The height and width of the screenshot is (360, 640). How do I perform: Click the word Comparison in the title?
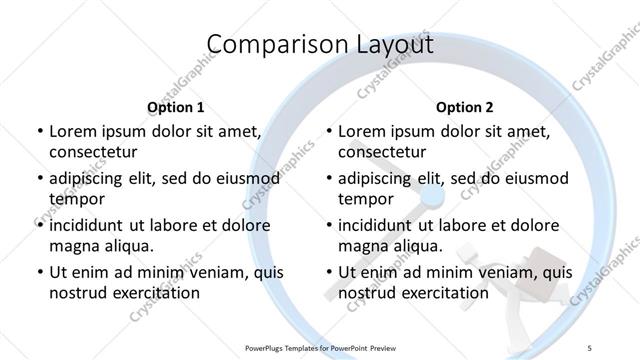pyautogui.click(x=266, y=46)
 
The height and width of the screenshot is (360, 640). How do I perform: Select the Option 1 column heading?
pyautogui.click(x=175, y=107)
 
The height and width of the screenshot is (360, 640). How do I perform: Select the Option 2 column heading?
pyautogui.click(x=465, y=107)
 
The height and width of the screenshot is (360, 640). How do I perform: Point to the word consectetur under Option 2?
pyautogui.click(x=383, y=153)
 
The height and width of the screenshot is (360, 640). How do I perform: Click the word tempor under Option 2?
pyautogui.click(x=363, y=199)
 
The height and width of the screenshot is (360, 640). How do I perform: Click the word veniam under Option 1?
pyautogui.click(x=208, y=272)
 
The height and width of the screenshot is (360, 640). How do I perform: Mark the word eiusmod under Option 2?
pyautogui.click(x=532, y=179)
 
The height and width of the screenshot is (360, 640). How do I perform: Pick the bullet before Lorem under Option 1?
pyautogui.click(x=39, y=132)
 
